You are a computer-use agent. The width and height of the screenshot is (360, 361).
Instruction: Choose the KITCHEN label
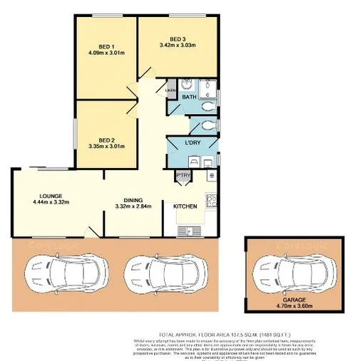[185, 206]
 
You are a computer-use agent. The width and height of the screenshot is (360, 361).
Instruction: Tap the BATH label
[189, 97]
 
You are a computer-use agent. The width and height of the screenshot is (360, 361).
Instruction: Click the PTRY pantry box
[182, 175]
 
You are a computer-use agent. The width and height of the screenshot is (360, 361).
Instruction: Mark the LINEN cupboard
[171, 90]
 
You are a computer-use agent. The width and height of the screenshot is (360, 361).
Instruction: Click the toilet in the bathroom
[207, 107]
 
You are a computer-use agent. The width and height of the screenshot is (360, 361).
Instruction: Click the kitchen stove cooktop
[211, 201]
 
